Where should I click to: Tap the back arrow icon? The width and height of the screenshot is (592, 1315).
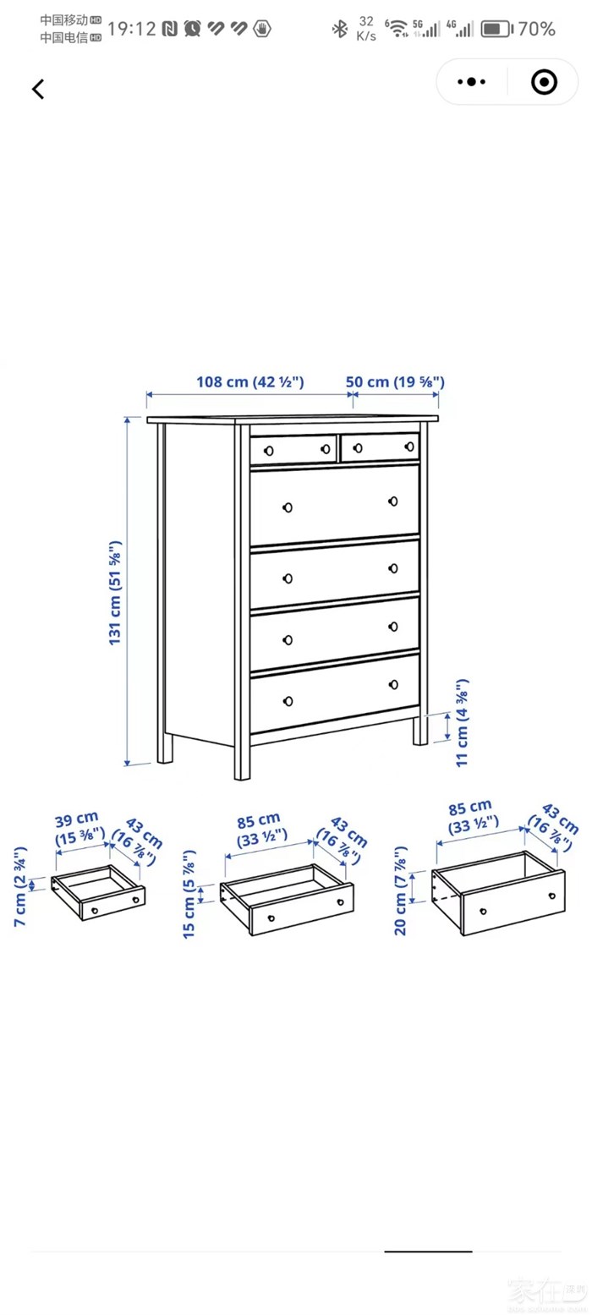click(38, 90)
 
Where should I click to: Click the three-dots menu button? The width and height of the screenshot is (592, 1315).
click(472, 81)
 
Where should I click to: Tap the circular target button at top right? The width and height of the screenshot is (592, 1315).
click(544, 81)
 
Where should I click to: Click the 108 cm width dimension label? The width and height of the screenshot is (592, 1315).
click(250, 381)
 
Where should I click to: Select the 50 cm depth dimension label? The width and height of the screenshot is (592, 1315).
click(395, 381)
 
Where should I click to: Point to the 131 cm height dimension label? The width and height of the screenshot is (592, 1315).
click(115, 593)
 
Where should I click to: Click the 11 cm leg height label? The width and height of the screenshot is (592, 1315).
click(463, 722)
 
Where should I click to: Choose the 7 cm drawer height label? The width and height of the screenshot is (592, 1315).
click(20, 886)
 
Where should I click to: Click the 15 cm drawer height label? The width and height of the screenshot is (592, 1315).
click(189, 894)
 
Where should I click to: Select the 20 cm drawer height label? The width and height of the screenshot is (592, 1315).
click(401, 890)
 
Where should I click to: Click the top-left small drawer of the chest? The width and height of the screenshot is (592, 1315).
click(293, 450)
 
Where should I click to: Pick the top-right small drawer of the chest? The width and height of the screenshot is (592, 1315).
click(380, 447)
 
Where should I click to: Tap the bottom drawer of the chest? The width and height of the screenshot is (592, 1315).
click(335, 693)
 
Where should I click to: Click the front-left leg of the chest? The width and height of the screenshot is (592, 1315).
click(242, 761)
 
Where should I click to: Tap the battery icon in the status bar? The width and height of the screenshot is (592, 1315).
click(496, 29)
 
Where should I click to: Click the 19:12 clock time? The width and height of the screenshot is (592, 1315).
click(132, 29)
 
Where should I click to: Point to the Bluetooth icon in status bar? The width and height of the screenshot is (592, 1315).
click(339, 29)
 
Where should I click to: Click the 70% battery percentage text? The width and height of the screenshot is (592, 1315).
click(536, 29)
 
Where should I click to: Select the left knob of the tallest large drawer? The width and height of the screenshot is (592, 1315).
click(288, 507)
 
